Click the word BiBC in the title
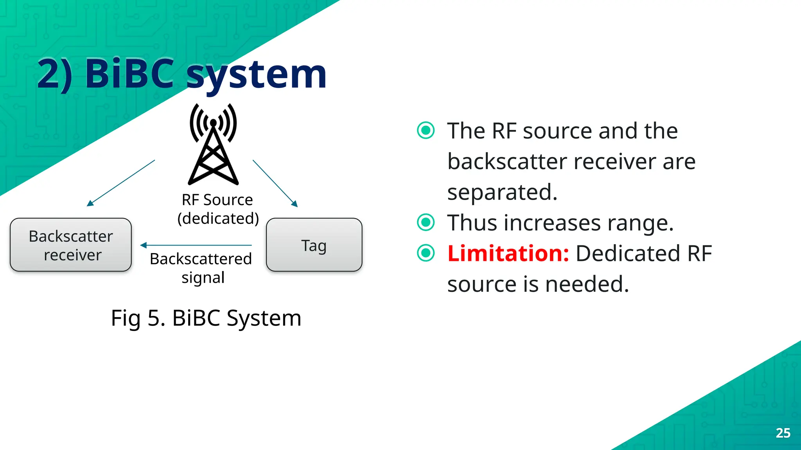129,73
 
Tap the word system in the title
256,75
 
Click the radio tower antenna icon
213,145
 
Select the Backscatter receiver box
71,245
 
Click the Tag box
314,245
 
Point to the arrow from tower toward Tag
275,182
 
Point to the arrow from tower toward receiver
121,182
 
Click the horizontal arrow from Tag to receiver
196,245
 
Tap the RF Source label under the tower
217,200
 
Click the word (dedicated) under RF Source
218,218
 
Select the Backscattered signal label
201,268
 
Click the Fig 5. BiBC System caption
206,318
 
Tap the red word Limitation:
508,253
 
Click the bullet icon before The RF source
426,130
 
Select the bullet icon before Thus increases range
426,222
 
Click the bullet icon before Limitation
426,253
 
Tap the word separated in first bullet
502,192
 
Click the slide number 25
783,433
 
